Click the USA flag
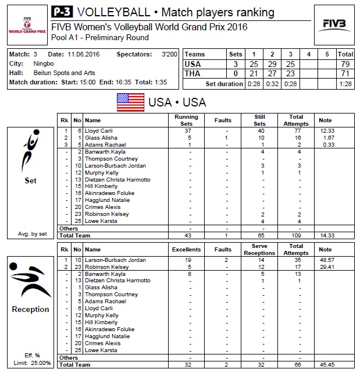coord(130,102)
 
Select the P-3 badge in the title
coord(62,12)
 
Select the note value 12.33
coord(326,131)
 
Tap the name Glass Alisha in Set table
coord(101,138)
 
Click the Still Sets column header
coord(260,120)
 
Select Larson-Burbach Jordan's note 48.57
coord(326,260)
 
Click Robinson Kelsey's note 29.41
coord(326,267)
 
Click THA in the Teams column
coord(193,73)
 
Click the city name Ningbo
coord(40,63)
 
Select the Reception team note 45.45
coord(326,364)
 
